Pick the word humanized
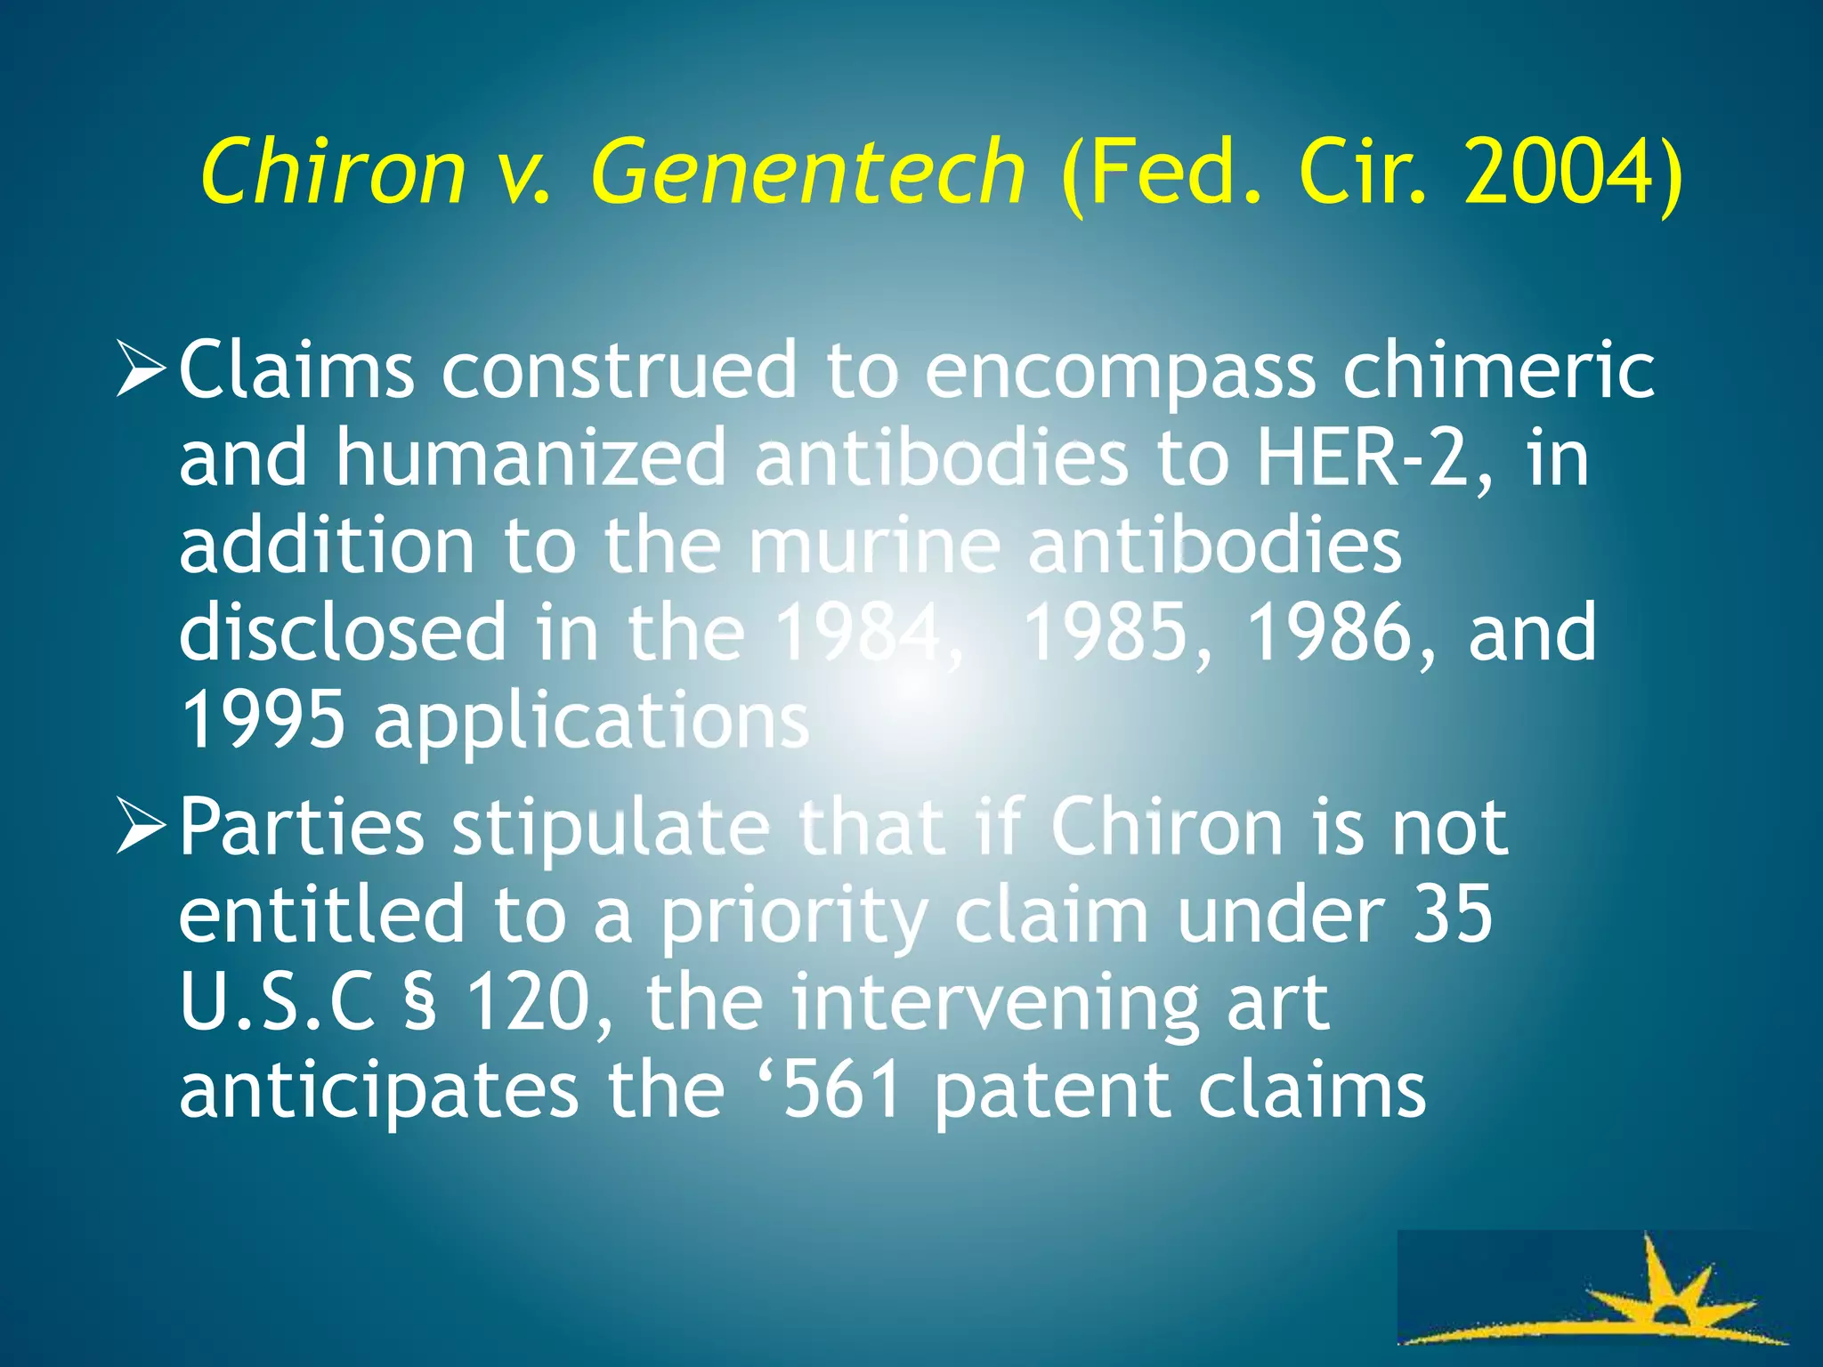pos(531,457)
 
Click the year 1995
pos(263,720)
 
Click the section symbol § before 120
pos(421,1003)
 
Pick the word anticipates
pos(378,1092)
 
